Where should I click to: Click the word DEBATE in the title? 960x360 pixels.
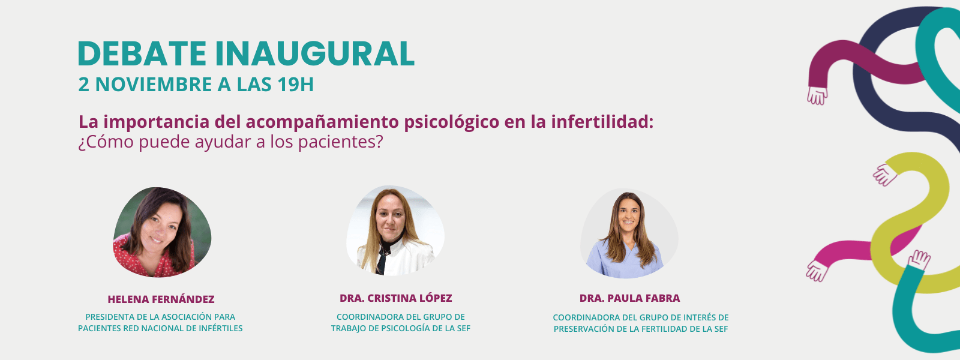pos(142,54)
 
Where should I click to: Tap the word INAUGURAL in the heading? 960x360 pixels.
pos(314,54)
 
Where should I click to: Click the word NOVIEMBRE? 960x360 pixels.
pos(154,85)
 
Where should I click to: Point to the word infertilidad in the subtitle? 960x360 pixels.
pos(602,122)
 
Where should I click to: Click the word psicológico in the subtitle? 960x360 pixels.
pos(452,122)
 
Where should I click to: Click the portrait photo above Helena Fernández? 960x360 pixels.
pos(162,232)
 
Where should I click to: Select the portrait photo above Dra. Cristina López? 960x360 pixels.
pos(395,230)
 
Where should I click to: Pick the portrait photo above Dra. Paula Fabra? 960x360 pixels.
pos(629,233)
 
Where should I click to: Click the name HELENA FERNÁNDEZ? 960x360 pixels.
pos(161,299)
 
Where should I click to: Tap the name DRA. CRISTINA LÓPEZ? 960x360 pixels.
pos(395,298)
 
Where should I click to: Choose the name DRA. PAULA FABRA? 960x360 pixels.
pos(629,298)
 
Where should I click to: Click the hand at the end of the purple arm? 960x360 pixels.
pos(817,95)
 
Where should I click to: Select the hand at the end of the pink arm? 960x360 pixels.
pos(817,271)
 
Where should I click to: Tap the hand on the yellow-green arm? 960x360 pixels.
pos(885,175)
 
